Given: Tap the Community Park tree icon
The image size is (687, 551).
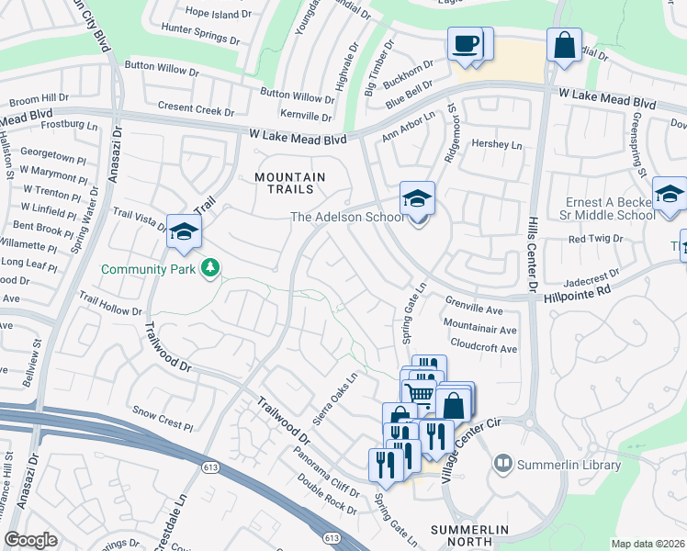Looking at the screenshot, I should [x=211, y=268].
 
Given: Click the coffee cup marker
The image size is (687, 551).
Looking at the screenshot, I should [x=465, y=44].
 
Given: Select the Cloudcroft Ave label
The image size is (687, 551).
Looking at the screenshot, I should [x=480, y=349].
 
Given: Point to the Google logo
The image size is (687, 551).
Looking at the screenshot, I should [x=30, y=540].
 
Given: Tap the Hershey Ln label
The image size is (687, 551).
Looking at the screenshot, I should [x=496, y=145].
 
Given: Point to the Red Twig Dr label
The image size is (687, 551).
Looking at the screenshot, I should [x=595, y=238].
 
